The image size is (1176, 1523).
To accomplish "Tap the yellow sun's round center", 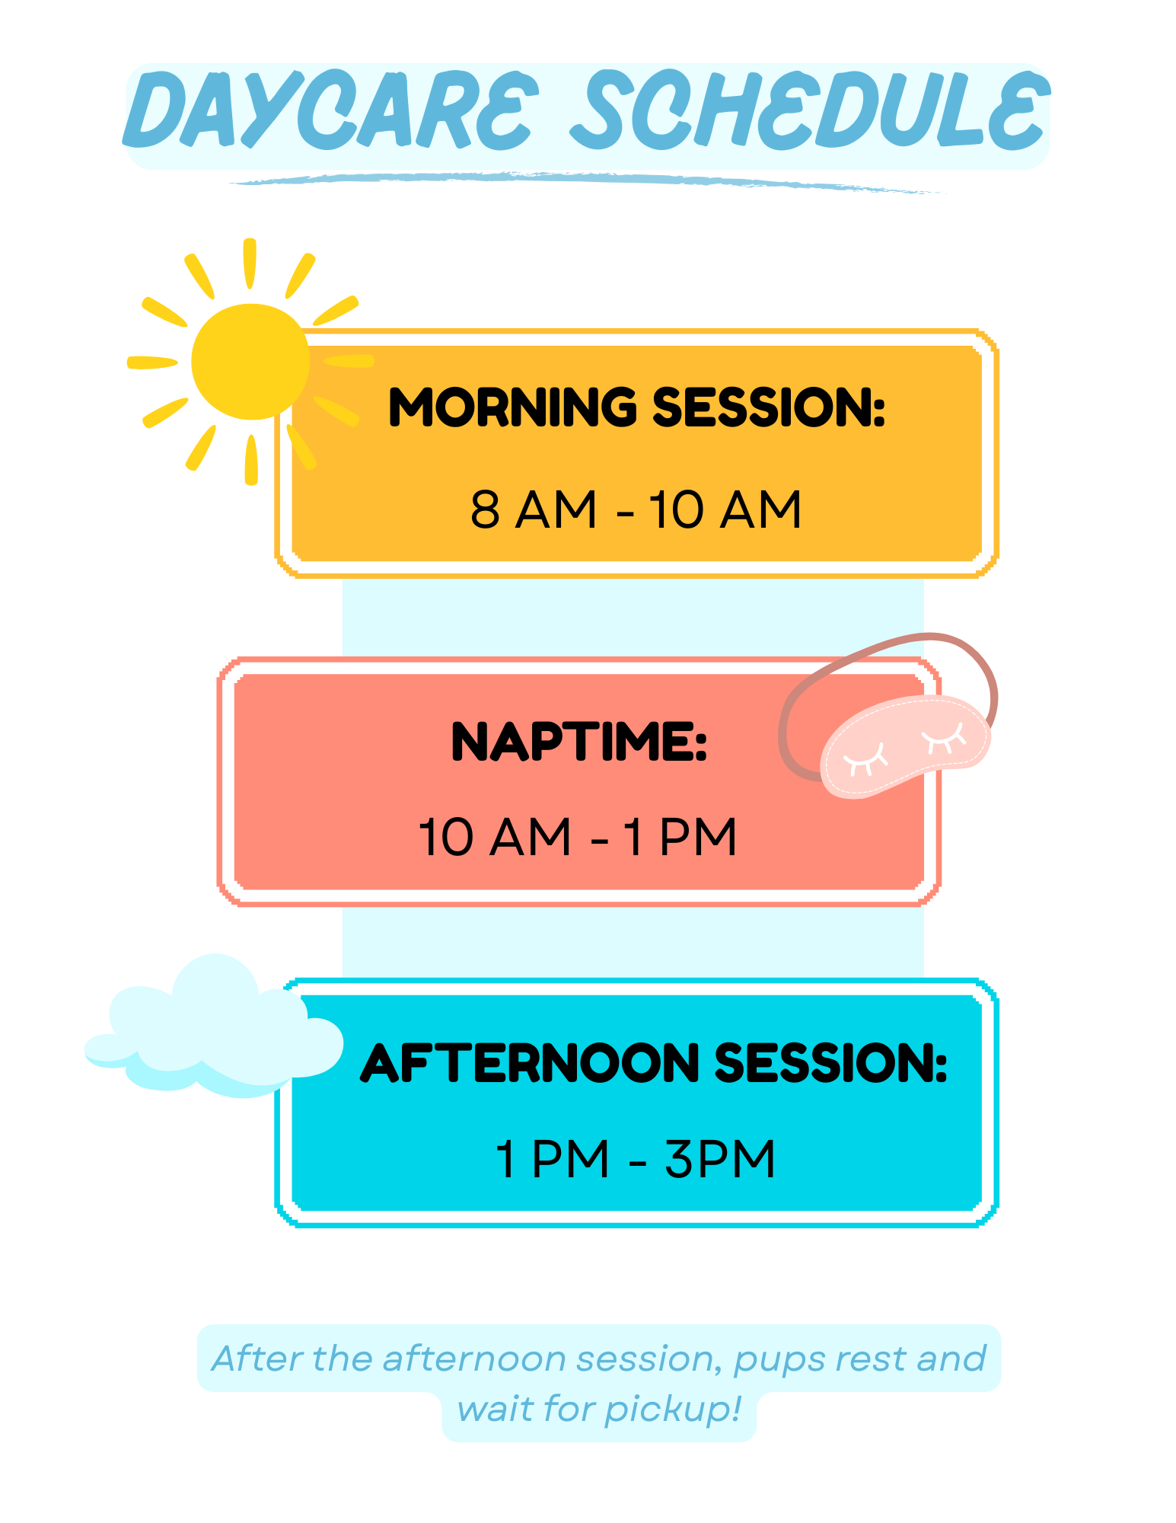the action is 250,362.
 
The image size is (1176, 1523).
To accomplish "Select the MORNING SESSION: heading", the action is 637,407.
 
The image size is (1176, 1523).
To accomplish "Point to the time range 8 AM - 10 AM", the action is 636,509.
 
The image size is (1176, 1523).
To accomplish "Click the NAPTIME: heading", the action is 579,742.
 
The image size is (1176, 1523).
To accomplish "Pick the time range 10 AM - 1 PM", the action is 578,837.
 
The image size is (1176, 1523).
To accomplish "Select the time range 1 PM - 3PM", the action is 636,1159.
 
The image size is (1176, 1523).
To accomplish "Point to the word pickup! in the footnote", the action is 673,1410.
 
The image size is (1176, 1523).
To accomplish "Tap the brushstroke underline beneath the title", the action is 586,182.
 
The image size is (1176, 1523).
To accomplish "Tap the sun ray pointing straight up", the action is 250,263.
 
